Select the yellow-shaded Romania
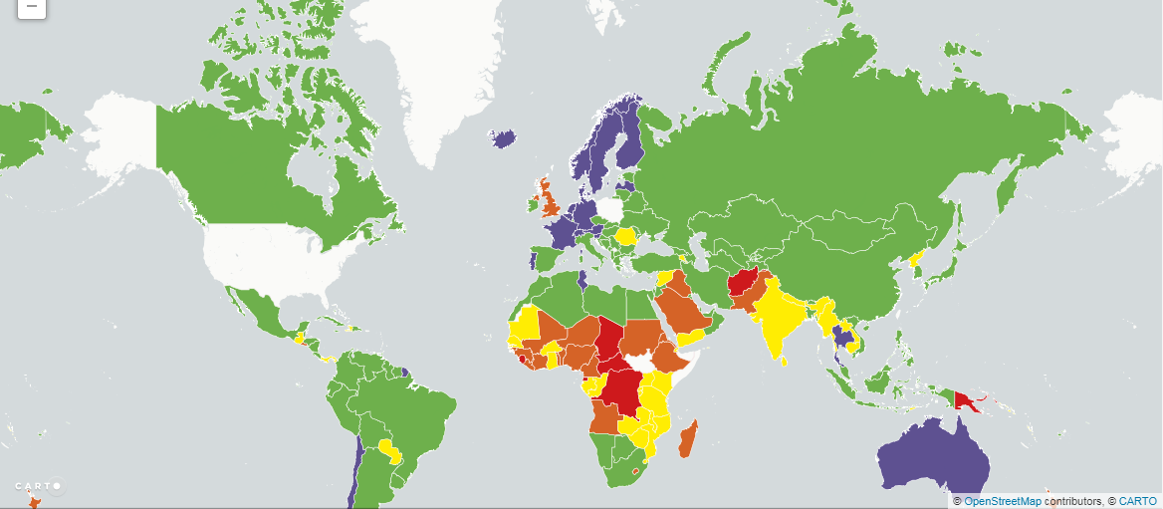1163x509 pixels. (x=627, y=236)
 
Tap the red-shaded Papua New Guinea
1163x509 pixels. (x=966, y=400)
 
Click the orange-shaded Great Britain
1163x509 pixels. (x=549, y=200)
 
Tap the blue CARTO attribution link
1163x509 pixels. (x=1137, y=501)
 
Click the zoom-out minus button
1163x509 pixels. (x=31, y=6)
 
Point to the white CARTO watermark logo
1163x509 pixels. (x=39, y=486)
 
